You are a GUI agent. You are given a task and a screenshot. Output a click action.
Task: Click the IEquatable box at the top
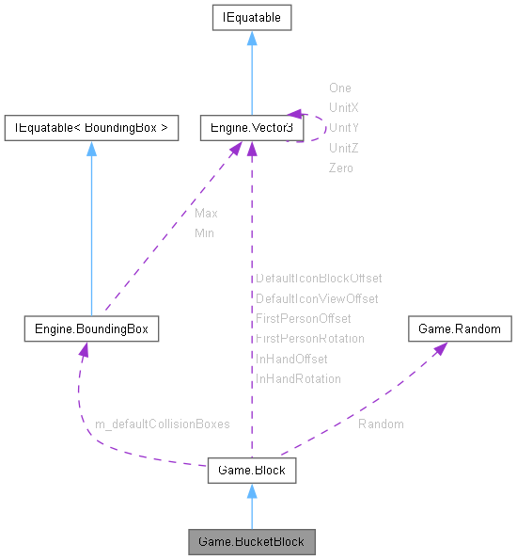point(251,17)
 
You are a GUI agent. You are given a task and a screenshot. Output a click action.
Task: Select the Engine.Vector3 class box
point(250,128)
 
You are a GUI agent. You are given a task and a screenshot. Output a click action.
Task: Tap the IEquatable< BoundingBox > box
point(91,128)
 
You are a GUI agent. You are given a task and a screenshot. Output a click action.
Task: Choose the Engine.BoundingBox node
point(91,329)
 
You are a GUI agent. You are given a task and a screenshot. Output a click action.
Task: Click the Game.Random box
point(460,329)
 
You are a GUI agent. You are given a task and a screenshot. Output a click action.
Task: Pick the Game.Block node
point(251,470)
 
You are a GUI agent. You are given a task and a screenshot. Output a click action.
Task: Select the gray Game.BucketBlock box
point(251,541)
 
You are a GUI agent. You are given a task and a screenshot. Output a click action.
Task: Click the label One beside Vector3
point(339,88)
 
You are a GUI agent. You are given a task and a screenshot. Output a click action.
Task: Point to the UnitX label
point(344,107)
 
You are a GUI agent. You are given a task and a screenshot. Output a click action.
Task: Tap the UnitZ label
point(344,148)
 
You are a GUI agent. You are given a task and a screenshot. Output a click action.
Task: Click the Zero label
point(340,168)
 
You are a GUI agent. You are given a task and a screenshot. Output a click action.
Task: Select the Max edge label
point(206,213)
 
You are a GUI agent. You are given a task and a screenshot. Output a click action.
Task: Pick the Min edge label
point(204,232)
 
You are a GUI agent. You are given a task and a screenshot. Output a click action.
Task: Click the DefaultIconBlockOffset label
point(319,279)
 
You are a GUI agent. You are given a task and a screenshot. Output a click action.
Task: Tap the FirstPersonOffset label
point(303,318)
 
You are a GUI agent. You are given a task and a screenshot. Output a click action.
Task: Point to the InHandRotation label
point(298,378)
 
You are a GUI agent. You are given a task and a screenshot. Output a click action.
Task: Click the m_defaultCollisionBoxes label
point(163,424)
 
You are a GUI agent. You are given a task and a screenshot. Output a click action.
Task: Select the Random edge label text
point(381,424)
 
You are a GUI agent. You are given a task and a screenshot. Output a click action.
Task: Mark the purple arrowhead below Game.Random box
point(440,348)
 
